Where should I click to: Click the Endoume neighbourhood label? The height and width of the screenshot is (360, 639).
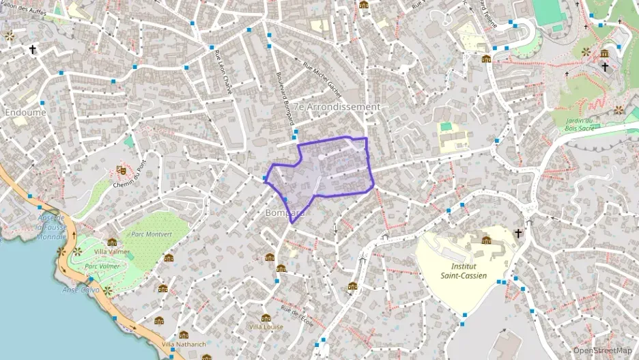[25, 111]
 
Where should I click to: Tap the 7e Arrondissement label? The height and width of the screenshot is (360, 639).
[339, 107]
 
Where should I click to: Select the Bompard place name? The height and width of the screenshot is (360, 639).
[283, 212]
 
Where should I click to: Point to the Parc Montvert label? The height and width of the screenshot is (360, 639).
[147, 234]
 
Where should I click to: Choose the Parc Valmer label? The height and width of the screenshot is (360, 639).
[102, 266]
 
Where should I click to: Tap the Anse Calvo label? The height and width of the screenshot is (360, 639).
[81, 290]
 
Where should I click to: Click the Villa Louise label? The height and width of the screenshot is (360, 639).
[266, 327]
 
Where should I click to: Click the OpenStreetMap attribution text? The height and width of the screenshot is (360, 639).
[602, 350]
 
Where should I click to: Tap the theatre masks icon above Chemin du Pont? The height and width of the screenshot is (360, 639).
[122, 169]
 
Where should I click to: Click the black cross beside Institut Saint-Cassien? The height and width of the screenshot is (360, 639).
[517, 234]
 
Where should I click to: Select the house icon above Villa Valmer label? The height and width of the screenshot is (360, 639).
[112, 241]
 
